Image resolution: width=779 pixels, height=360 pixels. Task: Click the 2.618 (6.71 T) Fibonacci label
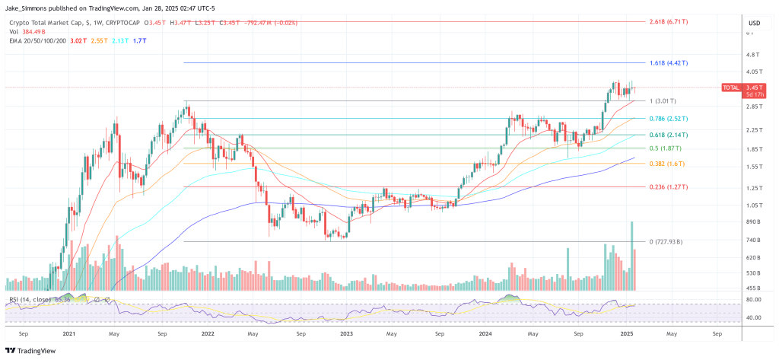(669, 22)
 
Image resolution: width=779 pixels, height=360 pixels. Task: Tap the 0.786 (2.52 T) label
(669, 119)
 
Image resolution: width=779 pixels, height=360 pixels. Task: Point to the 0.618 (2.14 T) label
(669, 135)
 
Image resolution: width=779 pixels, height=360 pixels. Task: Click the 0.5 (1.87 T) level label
(665, 148)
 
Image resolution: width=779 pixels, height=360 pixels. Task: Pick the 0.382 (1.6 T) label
(667, 164)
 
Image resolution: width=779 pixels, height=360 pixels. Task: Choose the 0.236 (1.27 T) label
(669, 187)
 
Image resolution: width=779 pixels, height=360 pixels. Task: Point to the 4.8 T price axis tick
(752, 55)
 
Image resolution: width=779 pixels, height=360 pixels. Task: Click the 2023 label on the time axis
(348, 333)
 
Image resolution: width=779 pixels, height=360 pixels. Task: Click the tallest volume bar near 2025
(632, 256)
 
